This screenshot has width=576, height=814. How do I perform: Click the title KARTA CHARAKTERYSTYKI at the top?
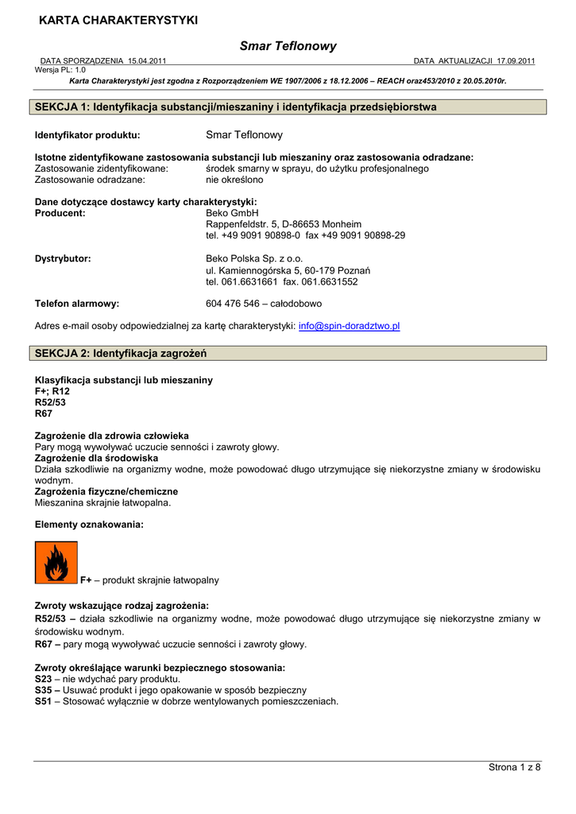118,20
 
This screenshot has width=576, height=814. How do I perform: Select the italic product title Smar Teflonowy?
288,46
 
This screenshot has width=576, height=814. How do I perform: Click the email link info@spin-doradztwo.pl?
349,326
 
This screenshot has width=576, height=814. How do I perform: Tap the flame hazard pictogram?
56,562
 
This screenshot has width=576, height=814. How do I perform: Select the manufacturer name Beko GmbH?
232,213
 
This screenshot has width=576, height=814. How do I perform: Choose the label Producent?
60,213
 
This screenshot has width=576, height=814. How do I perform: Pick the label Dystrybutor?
63,258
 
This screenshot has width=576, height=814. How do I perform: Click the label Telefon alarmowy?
77,304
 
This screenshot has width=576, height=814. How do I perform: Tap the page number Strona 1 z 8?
513,767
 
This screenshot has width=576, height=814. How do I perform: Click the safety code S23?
44,680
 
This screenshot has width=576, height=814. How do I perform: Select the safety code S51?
44,702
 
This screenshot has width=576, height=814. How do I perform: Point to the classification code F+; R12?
52,392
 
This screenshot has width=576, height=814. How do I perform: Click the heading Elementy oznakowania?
89,525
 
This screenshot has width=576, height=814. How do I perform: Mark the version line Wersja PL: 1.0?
60,70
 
